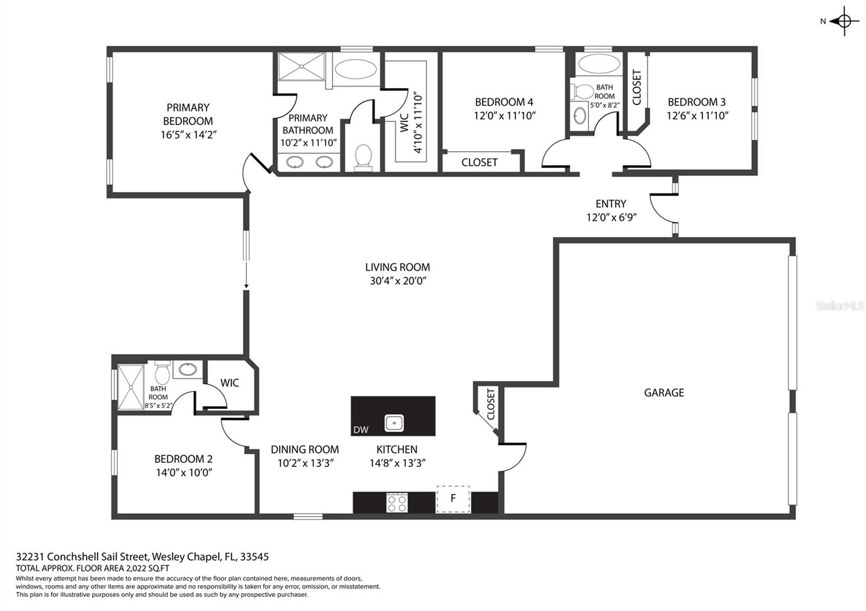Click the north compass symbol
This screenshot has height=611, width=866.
point(844,22)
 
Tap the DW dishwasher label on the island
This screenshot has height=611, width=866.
point(360,430)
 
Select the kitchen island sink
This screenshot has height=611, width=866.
point(395,423)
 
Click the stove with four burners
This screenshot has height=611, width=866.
point(397,503)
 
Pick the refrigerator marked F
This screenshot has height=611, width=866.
point(454,499)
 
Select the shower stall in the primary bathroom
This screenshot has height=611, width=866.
point(301,67)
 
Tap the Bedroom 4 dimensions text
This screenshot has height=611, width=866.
point(504,116)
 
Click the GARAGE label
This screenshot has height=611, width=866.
point(664,393)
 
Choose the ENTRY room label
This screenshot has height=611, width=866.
point(611,203)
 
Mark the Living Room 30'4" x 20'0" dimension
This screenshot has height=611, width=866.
point(398,281)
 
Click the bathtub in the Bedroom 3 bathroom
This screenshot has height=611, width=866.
point(599,63)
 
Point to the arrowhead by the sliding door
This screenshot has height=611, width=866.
point(246,286)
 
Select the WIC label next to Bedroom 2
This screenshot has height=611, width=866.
point(229,383)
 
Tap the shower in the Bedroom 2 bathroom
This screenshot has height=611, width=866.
point(130,387)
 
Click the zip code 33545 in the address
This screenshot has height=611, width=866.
point(254,556)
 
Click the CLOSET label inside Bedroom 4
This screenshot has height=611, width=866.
point(480,162)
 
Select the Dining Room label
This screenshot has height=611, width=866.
point(305,449)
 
